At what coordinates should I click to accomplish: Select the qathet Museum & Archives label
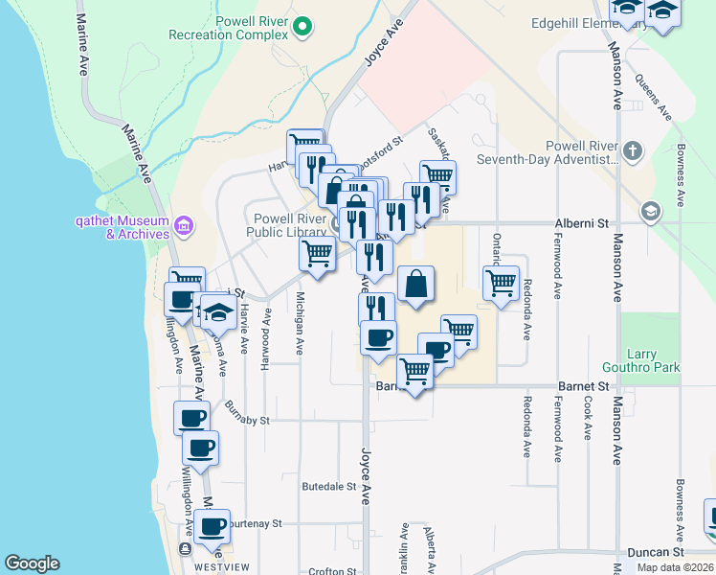click(123, 227)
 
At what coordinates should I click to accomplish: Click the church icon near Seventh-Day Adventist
click(632, 150)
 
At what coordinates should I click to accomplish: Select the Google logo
click(32, 563)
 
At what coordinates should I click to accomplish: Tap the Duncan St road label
click(656, 552)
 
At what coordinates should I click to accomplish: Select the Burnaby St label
click(248, 420)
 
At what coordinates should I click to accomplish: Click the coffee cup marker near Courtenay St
click(212, 525)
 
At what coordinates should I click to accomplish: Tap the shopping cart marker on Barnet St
click(414, 369)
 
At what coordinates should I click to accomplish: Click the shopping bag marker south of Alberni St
click(415, 284)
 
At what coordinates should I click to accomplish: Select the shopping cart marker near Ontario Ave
click(501, 284)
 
